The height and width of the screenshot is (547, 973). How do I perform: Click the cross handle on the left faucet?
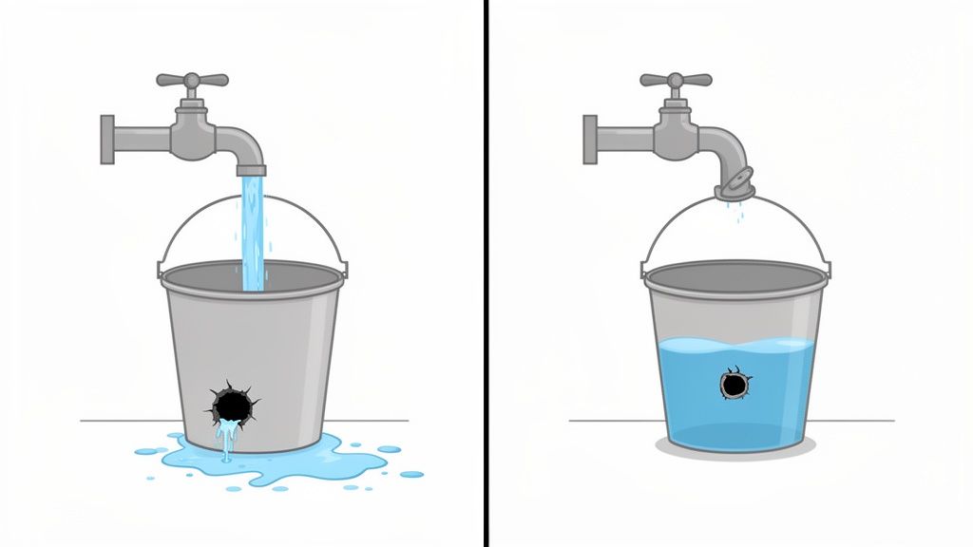(192, 81)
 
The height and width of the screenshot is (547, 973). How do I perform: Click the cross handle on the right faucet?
(676, 81)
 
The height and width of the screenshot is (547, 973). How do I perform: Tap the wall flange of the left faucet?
(107, 140)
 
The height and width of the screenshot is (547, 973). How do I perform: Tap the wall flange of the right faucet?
(590, 140)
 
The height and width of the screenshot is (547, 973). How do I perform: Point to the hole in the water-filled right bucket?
(734, 385)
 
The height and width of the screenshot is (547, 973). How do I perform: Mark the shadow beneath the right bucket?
(735, 450)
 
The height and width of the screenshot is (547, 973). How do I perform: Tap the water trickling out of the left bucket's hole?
(226, 439)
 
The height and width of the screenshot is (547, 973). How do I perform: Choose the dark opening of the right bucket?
(734, 276)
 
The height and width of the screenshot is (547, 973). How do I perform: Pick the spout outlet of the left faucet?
(252, 171)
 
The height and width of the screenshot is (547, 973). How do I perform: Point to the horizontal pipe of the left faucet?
(143, 141)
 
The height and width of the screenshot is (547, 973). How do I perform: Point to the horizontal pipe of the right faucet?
(625, 141)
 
